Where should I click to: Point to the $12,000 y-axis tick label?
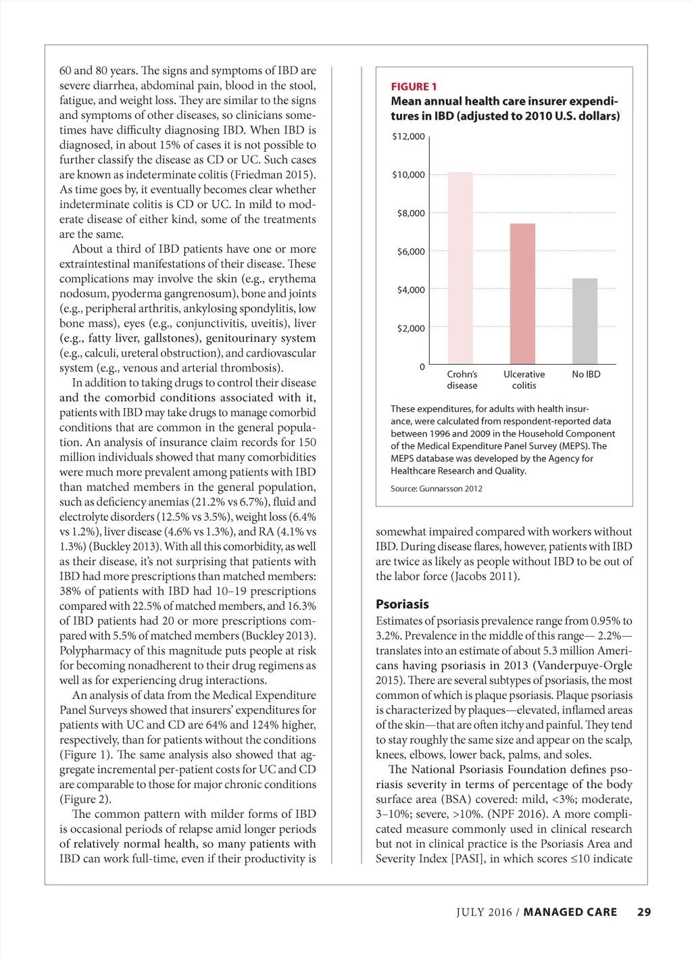click(408, 136)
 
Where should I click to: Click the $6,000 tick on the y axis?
click(411, 252)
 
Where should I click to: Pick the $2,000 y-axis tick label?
click(411, 329)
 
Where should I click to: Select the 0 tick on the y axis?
click(422, 367)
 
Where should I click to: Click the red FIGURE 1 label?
click(414, 86)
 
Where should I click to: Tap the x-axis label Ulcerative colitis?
click(524, 380)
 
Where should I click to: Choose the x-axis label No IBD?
click(586, 374)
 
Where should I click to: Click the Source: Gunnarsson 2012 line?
click(436, 488)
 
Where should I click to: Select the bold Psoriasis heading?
click(402, 604)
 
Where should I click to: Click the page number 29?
click(644, 912)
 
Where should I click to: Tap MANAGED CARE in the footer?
click(570, 912)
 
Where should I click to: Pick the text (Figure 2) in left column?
click(87, 800)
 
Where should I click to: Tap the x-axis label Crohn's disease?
click(462, 380)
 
